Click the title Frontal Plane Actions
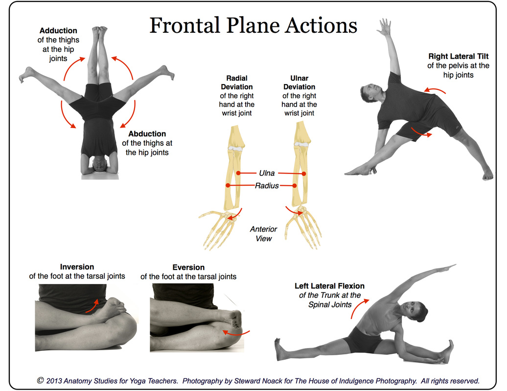[x=253, y=25]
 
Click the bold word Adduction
[x=58, y=31]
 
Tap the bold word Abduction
[x=147, y=134]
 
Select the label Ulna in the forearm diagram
[x=267, y=173]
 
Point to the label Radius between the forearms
[x=267, y=186]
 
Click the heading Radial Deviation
[x=237, y=82]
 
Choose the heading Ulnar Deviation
[x=299, y=82]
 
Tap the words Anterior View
[x=263, y=234]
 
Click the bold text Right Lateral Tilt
[x=458, y=57]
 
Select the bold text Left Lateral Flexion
[x=329, y=286]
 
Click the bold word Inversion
[x=77, y=267]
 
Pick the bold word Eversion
[x=188, y=267]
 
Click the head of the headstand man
[x=99, y=164]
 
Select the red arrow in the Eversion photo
[x=235, y=333]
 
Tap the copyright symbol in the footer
[x=41, y=380]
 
